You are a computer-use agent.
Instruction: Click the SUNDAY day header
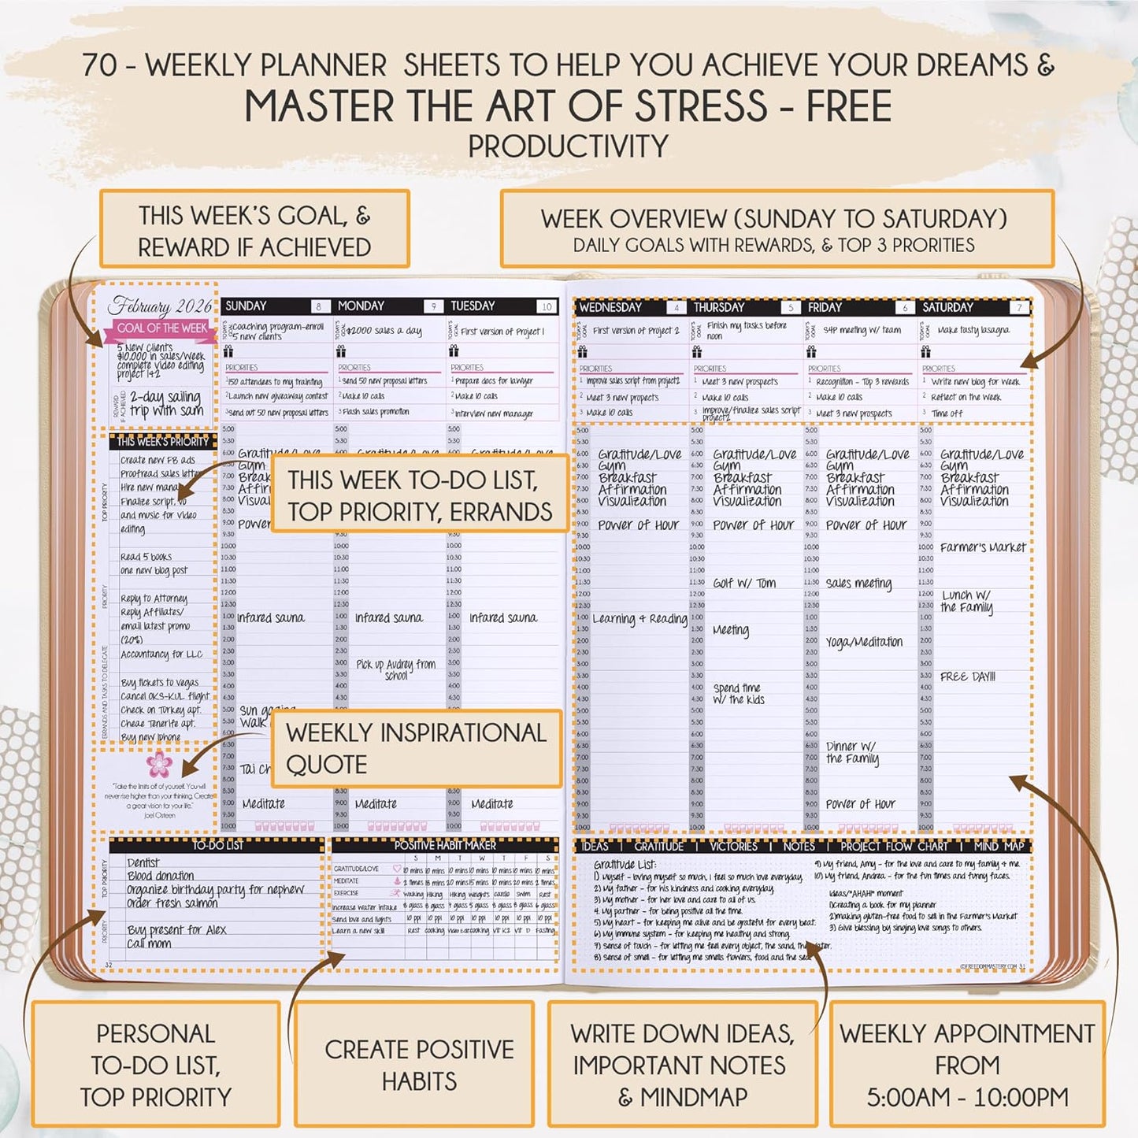[247, 306]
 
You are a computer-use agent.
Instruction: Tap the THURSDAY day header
[718, 308]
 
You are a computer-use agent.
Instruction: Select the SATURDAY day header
[947, 308]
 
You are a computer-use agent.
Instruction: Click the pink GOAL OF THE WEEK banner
[162, 328]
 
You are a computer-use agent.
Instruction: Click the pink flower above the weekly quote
[158, 762]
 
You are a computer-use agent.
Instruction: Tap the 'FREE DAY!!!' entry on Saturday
[967, 676]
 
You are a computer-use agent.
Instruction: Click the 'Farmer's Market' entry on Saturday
[983, 547]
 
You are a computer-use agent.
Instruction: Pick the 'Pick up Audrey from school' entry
[395, 669]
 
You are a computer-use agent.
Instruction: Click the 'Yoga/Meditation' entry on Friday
[864, 642]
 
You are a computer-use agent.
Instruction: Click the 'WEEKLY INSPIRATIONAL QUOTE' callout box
[416, 748]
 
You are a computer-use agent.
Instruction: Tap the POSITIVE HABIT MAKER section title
[445, 845]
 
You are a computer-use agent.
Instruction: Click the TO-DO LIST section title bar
[217, 845]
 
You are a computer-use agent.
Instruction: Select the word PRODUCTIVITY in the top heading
[568, 146]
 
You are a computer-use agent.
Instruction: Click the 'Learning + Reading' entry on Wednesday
[639, 619]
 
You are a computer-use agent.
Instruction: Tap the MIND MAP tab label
[999, 846]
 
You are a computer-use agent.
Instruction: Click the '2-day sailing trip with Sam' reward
[165, 403]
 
